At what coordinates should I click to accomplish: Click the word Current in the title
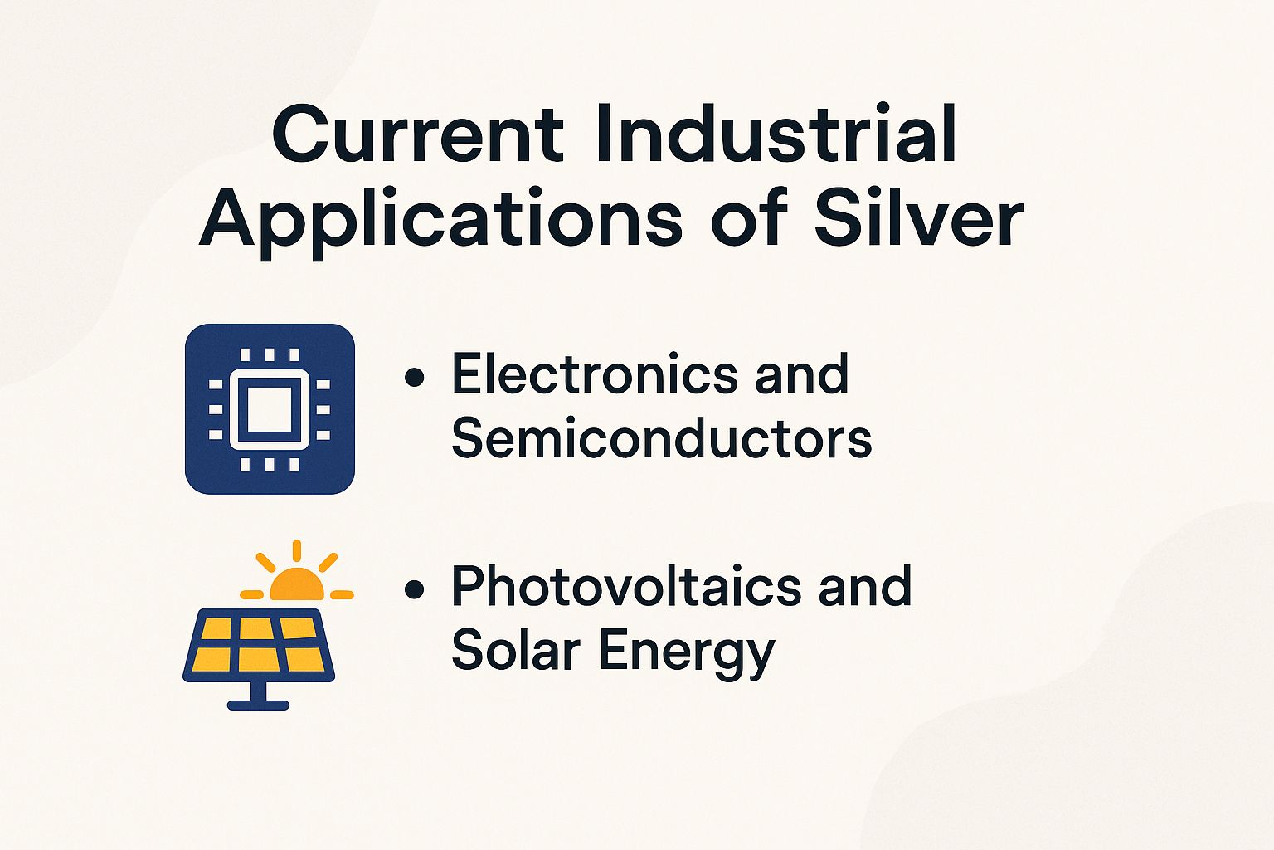pyautogui.click(x=417, y=134)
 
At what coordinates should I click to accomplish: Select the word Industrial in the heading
pyautogui.click(x=776, y=134)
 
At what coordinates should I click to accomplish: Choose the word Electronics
pyautogui.click(x=594, y=374)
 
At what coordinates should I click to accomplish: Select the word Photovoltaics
pyautogui.click(x=626, y=586)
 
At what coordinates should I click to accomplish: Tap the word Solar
pyautogui.click(x=515, y=650)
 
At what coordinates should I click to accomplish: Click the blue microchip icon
pyautogui.click(x=270, y=409)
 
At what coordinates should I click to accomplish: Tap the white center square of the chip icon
pyautogui.click(x=270, y=409)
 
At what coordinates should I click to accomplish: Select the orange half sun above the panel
pyautogui.click(x=296, y=586)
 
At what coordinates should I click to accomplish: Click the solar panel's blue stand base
pyautogui.click(x=258, y=705)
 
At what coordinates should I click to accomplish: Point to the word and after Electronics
pyautogui.click(x=801, y=374)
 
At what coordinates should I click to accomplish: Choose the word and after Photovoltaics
pyautogui.click(x=865, y=586)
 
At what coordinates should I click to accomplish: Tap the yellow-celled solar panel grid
pyautogui.click(x=259, y=645)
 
